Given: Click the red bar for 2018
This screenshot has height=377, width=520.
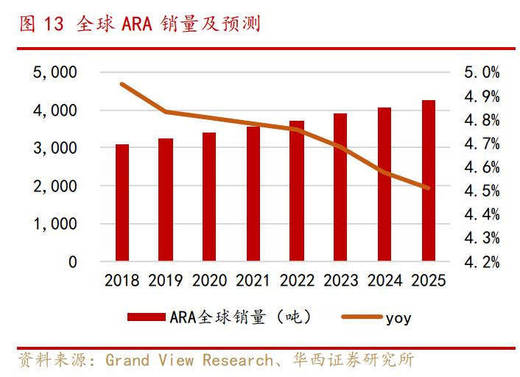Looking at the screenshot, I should click(x=122, y=203).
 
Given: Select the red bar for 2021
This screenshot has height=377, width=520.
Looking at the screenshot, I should click(x=253, y=194).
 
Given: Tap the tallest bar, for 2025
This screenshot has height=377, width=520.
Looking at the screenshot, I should click(x=428, y=181).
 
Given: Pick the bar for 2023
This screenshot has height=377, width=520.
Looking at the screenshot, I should click(x=340, y=188).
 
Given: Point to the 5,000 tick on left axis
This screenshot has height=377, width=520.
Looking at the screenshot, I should click(x=55, y=72).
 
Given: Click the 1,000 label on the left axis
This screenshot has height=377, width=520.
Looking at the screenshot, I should click(x=55, y=224).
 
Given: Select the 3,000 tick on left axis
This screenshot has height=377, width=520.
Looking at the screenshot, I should click(x=55, y=148).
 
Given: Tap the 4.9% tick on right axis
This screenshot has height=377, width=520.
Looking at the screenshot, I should click(x=482, y=96).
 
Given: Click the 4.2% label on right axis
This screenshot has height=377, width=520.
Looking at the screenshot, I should click(x=482, y=262).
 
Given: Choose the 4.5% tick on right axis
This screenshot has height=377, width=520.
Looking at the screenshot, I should click(x=482, y=191).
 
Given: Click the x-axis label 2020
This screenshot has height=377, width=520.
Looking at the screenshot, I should click(x=210, y=281).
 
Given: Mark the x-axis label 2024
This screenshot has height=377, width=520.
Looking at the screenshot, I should click(x=385, y=281).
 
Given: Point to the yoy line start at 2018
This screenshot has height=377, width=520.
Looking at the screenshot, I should click(x=122, y=84).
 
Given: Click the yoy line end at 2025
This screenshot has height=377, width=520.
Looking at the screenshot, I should click(x=428, y=188).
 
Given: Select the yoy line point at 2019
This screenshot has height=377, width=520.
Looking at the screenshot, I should click(x=166, y=112).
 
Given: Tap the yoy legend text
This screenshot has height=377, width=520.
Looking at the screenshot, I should click(x=398, y=318).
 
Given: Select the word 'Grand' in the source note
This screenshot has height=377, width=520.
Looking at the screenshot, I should click(x=129, y=360).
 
